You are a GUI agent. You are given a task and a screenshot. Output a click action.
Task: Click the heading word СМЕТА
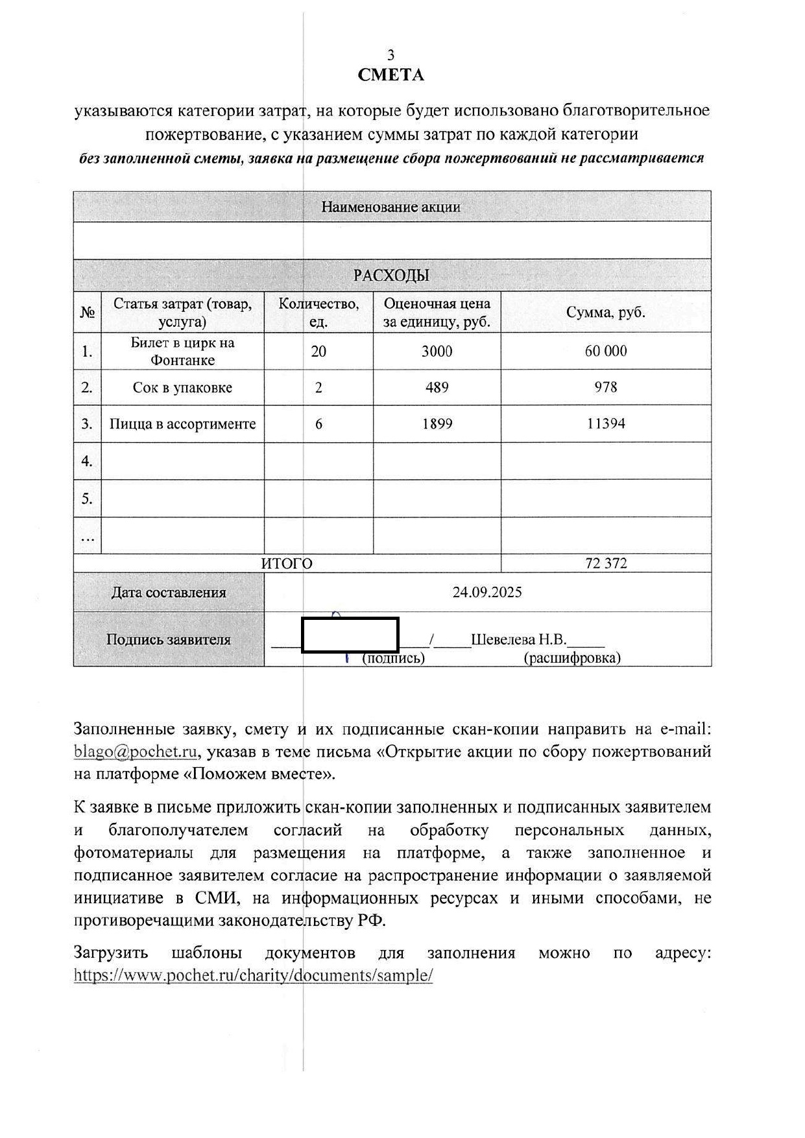(x=390, y=75)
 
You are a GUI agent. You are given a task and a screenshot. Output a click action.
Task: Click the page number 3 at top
(x=390, y=55)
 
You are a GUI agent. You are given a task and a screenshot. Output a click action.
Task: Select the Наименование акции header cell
(x=391, y=207)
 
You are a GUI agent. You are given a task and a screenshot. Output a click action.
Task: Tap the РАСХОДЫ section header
(x=391, y=276)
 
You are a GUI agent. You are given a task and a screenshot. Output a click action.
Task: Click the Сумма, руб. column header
(x=606, y=312)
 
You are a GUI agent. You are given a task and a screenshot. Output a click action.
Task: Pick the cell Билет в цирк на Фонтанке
(x=182, y=351)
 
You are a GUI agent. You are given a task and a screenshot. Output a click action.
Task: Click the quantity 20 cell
(x=318, y=351)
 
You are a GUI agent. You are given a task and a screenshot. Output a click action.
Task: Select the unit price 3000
(x=437, y=351)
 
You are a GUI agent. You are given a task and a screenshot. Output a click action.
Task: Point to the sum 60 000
(x=606, y=351)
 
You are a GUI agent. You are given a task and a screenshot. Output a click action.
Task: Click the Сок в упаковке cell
(x=182, y=388)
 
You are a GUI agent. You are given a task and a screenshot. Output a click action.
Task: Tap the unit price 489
(x=437, y=388)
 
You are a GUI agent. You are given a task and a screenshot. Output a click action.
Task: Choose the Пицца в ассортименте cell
(x=182, y=424)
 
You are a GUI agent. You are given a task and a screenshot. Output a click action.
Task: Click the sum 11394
(x=606, y=424)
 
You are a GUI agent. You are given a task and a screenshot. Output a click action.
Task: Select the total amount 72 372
(x=606, y=563)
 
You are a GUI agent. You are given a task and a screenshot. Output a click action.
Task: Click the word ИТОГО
(x=287, y=563)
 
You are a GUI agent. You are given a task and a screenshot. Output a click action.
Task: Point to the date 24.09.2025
(x=487, y=592)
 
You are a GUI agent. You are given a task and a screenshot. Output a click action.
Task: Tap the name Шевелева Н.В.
(x=518, y=640)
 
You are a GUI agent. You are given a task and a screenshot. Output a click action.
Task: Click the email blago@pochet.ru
(x=136, y=752)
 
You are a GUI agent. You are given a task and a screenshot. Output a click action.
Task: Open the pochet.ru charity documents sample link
(x=253, y=975)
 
